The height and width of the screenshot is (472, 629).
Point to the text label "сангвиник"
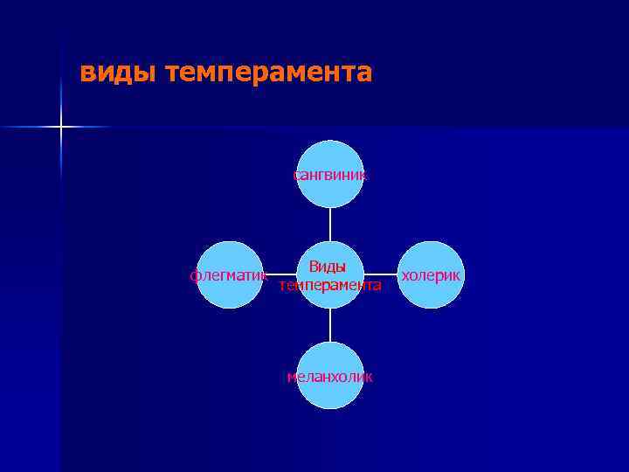[330, 175]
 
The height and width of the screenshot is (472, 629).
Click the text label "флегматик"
[228, 275]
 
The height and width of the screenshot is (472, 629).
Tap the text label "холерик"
[431, 275]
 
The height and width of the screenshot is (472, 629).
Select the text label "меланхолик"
[330, 377]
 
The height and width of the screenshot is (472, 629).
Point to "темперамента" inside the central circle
[330, 285]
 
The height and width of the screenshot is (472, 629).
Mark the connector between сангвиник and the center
[330, 224]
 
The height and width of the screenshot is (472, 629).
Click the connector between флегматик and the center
[280, 275]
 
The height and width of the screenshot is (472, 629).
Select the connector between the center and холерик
[381, 275]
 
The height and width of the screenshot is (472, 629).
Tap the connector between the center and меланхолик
[330, 325]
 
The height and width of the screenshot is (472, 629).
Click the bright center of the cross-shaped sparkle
[61, 128]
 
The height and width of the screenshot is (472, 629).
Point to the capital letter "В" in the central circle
[312, 267]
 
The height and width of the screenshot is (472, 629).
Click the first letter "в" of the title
[86, 73]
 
